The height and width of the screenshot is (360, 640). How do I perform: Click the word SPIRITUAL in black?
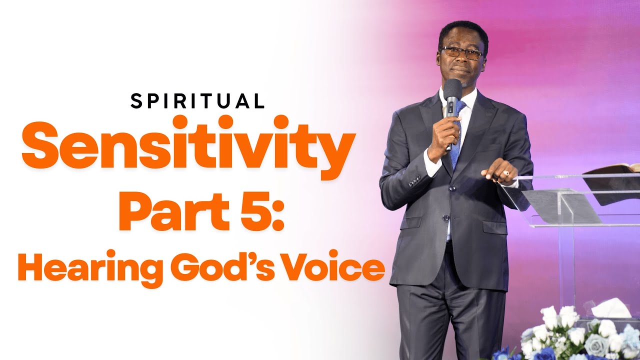tap(197, 101)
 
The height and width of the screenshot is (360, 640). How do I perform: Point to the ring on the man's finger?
tap(505, 173)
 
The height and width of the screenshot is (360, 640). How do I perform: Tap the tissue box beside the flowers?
tap(611, 308)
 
